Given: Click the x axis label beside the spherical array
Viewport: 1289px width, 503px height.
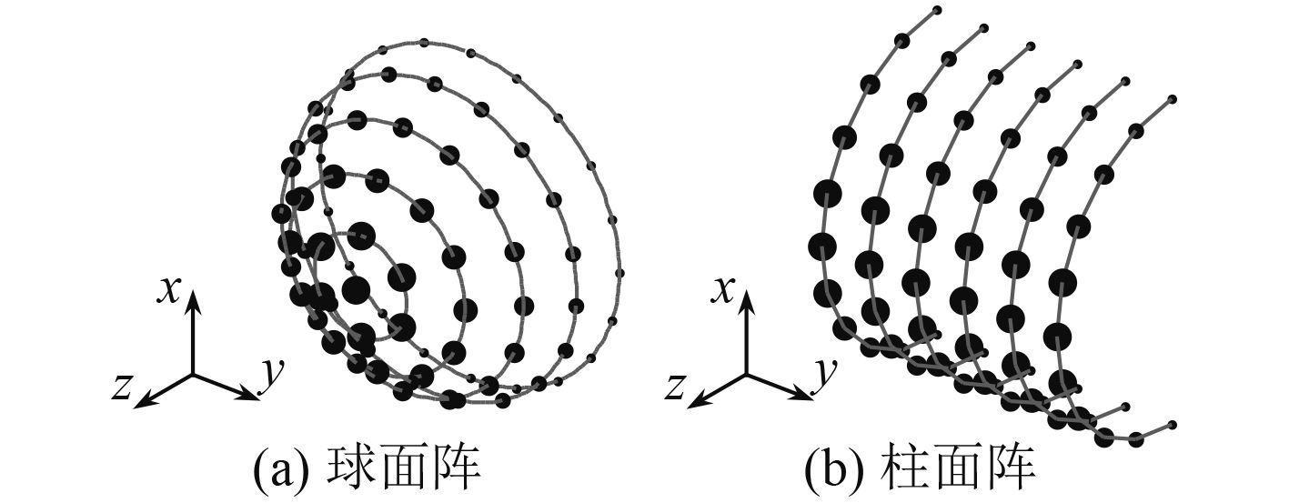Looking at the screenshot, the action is pyautogui.click(x=168, y=288).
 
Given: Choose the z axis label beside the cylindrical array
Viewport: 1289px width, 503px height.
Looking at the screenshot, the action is pyautogui.click(x=676, y=387).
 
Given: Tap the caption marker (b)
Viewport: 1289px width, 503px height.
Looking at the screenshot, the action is pyautogui.click(x=830, y=472).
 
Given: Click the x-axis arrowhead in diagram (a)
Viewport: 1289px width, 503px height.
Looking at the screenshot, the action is pyautogui.click(x=193, y=306).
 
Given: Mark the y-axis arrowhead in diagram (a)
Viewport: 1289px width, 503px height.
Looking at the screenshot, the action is pyautogui.click(x=250, y=396).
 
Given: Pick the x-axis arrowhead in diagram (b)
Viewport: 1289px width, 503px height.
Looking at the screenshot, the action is pyautogui.click(x=748, y=306).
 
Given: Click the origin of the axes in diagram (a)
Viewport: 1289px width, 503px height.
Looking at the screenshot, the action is pyautogui.click(x=193, y=373).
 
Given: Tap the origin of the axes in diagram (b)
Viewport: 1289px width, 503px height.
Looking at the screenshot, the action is pyautogui.click(x=748, y=373).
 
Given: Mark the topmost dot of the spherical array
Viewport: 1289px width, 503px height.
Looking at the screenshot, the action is pyautogui.click(x=423, y=43).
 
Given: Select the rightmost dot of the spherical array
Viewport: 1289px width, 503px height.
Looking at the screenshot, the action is pyautogui.click(x=620, y=272).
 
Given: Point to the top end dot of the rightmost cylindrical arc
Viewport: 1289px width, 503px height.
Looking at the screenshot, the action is pyautogui.click(x=1172, y=98).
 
